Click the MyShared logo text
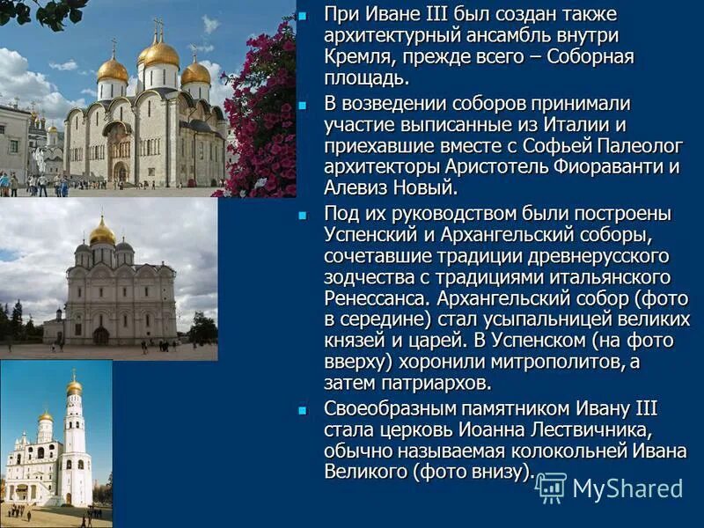pos(627,488)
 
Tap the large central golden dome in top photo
pos(161,55)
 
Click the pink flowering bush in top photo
pos(264,114)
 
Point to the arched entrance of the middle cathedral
pos(101,334)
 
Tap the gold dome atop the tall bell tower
pos(74,386)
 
